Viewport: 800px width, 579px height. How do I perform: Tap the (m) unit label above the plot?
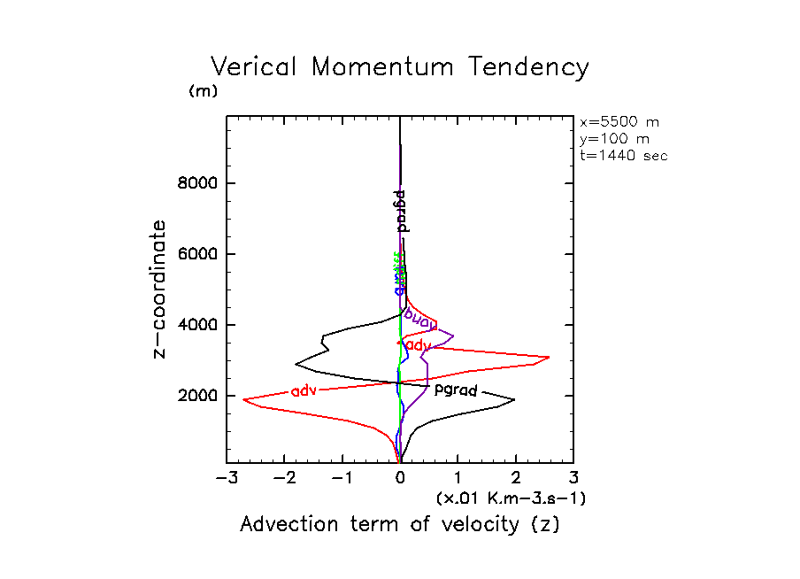(203, 91)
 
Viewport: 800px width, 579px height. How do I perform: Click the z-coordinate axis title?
(160, 289)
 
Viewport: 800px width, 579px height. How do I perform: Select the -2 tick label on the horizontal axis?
(282, 479)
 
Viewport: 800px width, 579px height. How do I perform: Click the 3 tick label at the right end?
(573, 479)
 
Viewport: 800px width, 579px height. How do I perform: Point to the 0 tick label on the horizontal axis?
(400, 479)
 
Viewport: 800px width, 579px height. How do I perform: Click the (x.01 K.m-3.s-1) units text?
(511, 498)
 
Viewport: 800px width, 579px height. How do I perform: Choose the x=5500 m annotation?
(619, 122)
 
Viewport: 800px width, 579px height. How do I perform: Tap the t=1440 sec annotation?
(623, 155)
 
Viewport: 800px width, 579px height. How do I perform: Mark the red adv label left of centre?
(304, 390)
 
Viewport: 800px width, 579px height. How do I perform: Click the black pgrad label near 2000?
(456, 390)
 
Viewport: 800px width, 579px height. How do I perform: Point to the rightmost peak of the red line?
(550, 357)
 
